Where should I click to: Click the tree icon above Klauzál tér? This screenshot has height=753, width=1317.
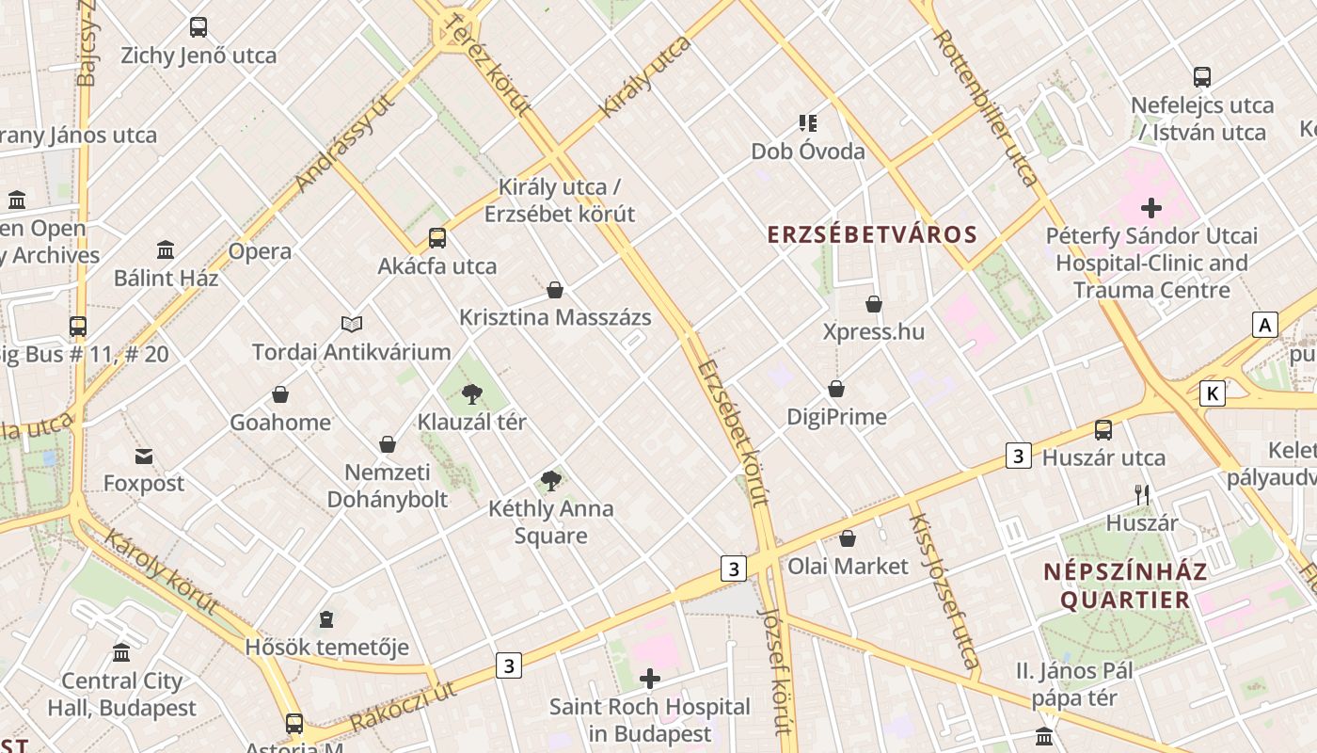pos(472,394)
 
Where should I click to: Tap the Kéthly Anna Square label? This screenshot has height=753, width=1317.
pos(550,522)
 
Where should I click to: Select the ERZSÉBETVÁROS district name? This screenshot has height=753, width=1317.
pos(872,234)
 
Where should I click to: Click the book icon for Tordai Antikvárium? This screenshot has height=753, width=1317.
pos(352,325)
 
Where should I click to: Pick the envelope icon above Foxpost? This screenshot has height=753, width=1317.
pos(144,457)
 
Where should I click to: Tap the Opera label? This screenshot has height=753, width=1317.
pos(260,252)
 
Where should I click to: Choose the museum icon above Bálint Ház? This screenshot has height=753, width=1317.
pos(167,250)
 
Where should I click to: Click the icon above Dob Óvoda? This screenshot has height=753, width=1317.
pos(807,123)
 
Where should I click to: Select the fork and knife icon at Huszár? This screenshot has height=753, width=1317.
pos(1142,495)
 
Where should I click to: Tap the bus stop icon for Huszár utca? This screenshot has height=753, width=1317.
pos(1103,430)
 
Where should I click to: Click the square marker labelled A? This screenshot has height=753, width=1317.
pos(1265,326)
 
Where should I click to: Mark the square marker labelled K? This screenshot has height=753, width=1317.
pos(1213,393)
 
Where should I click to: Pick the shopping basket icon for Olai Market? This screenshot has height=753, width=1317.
pos(848,538)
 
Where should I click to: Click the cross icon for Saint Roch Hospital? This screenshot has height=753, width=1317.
pos(649,679)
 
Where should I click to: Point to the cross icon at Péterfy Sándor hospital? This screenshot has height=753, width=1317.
pos(1151,208)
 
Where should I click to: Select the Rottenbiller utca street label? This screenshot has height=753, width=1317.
pos(987,106)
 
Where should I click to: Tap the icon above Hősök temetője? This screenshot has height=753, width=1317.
pos(326,619)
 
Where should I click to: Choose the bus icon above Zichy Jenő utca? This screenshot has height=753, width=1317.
pos(198,27)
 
